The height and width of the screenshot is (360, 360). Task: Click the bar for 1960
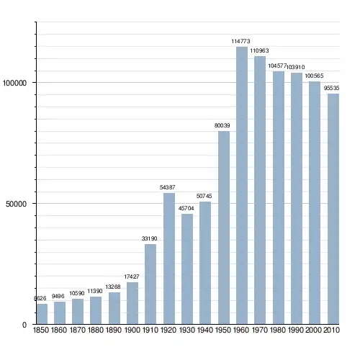(242, 185)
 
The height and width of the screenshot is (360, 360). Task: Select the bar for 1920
(169, 258)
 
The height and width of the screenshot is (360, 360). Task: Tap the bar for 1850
(42, 314)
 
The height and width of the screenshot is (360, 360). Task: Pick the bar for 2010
(333, 209)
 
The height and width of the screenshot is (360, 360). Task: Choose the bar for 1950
(224, 228)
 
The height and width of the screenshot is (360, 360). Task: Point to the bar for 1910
(150, 284)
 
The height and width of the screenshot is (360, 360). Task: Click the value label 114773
(240, 41)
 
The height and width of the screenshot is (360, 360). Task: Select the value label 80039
(222, 125)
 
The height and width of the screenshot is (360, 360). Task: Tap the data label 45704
(186, 208)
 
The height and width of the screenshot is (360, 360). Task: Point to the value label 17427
(132, 276)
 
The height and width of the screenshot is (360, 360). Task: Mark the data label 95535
(332, 88)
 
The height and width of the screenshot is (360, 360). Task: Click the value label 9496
(58, 296)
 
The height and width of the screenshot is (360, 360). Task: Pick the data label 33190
(149, 238)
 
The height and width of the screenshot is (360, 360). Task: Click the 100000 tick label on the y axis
(14, 83)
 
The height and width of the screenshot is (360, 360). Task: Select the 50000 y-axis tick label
(16, 204)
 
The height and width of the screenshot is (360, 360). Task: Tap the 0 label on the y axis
(24, 325)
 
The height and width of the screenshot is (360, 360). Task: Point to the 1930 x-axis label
(187, 330)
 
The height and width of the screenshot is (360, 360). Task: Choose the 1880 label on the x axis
(96, 330)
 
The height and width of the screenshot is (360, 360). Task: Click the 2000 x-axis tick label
(313, 330)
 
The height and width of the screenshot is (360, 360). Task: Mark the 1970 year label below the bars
(260, 330)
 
